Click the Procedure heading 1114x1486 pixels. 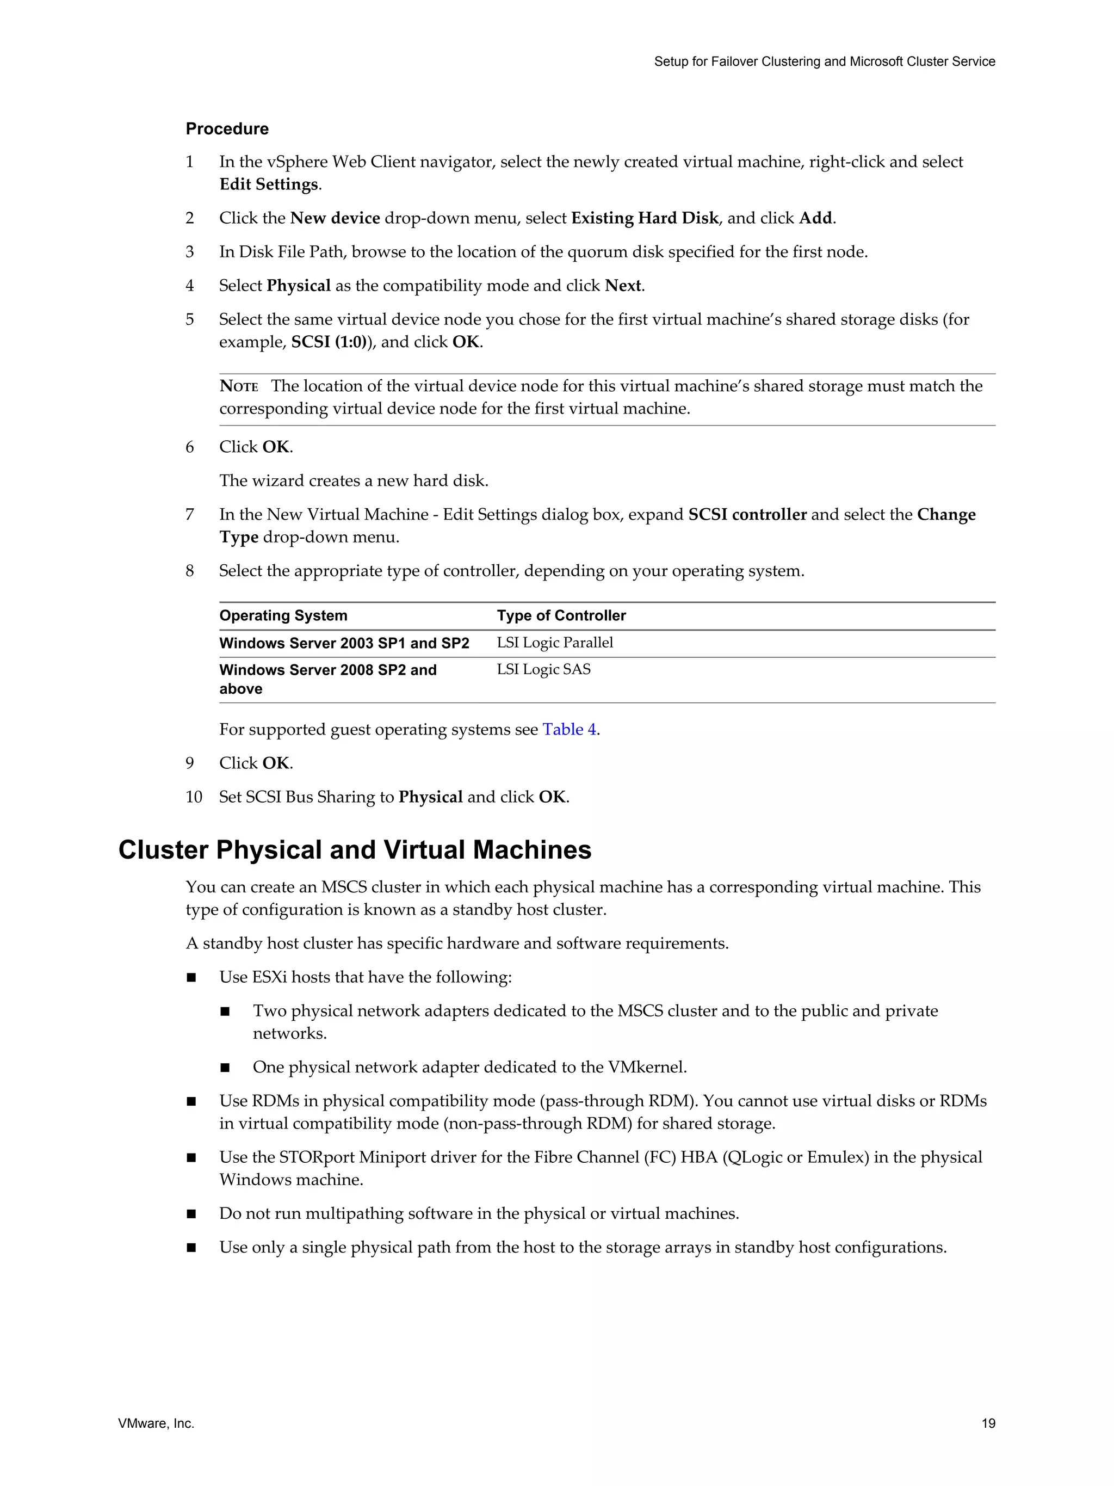(227, 129)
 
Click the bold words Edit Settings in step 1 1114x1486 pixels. (269, 185)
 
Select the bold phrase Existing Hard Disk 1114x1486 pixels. (645, 218)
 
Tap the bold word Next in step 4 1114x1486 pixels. (623, 286)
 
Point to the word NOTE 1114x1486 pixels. (239, 386)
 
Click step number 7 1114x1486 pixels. (190, 515)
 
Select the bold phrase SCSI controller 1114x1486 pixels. (747, 515)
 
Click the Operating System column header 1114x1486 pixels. (283, 615)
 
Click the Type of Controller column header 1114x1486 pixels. (561, 615)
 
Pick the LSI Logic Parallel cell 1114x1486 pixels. (555, 643)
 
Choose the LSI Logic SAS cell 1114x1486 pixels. (543, 670)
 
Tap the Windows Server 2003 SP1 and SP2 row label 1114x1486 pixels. (344, 643)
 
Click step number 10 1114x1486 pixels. (194, 798)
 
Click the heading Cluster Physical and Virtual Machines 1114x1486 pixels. (355, 850)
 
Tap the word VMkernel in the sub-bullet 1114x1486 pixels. (645, 1068)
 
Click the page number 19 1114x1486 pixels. (988, 1423)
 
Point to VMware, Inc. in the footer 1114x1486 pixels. (156, 1423)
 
